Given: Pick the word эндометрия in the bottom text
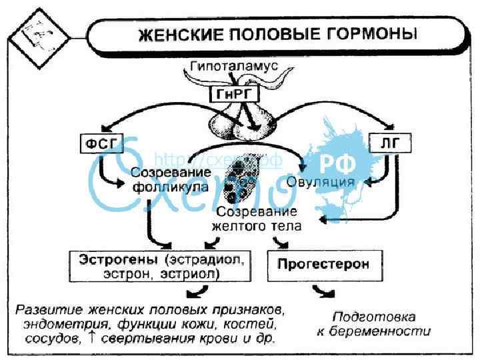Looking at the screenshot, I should click(x=57, y=325).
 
